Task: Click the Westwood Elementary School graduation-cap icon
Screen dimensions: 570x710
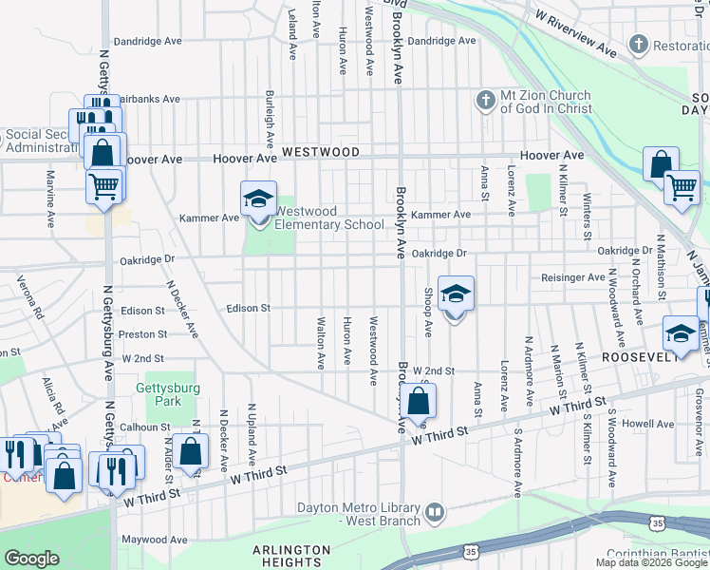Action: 257,199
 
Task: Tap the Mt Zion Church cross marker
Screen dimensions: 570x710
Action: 485,100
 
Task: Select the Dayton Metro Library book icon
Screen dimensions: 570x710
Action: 435,513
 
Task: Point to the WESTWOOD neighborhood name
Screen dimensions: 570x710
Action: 321,152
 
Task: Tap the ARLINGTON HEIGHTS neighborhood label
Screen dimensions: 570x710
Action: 291,557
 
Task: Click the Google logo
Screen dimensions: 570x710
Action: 32,559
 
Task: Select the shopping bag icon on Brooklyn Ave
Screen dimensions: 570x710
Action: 418,403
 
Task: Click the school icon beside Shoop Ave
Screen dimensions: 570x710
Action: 456,295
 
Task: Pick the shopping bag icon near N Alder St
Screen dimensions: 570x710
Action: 191,451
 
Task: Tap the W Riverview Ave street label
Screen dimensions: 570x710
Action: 576,31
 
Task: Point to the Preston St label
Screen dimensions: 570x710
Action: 143,334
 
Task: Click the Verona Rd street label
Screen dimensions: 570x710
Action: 28,297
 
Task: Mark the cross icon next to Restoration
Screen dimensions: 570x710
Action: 638,45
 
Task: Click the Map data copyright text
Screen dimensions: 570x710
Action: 651,562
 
